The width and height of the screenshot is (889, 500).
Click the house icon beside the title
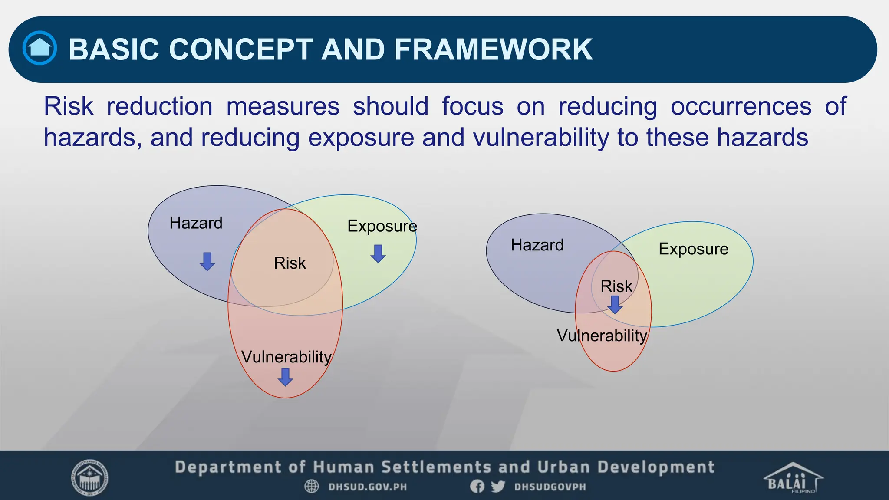click(40, 48)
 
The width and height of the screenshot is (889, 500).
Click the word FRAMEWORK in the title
click(493, 49)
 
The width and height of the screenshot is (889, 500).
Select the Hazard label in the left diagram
click(196, 223)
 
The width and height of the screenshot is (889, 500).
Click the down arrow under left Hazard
click(207, 261)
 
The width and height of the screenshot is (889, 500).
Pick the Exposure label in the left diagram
click(382, 226)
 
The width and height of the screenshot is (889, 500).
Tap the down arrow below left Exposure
click(378, 253)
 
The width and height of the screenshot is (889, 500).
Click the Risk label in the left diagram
click(290, 263)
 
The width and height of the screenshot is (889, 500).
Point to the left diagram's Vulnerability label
click(286, 357)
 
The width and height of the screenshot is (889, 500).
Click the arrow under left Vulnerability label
click(285, 377)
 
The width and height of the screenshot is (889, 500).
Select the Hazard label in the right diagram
click(537, 245)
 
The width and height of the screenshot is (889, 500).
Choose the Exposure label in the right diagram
click(693, 249)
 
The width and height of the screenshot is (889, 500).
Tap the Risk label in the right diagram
click(616, 286)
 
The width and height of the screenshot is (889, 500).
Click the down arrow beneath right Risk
click(615, 305)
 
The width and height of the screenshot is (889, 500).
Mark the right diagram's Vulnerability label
click(602, 336)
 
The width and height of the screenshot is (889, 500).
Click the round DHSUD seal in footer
click(90, 478)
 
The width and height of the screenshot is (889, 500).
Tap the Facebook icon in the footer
click(477, 487)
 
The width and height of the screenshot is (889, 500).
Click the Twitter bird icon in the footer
click(498, 487)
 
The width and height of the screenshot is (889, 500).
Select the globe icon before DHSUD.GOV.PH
click(311, 487)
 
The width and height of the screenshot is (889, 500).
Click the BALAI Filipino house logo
click(793, 478)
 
